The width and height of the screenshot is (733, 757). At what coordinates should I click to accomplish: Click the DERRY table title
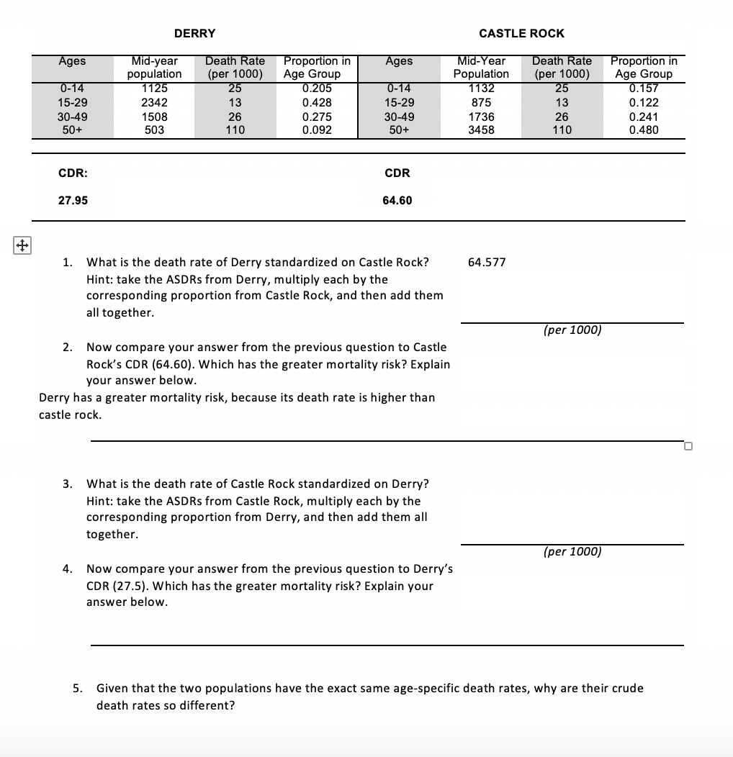click(x=194, y=33)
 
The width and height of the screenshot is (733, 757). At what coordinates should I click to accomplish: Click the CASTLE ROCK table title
click(x=521, y=33)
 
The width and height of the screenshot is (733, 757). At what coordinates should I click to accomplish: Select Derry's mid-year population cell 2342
click(x=154, y=102)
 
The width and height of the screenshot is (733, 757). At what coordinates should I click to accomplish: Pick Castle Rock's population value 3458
click(x=481, y=130)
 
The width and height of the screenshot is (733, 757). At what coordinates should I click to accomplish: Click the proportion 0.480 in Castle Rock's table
click(x=644, y=130)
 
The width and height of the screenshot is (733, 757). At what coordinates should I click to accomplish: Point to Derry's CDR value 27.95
click(x=73, y=200)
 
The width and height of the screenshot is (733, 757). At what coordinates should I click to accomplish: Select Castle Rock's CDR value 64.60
click(x=397, y=200)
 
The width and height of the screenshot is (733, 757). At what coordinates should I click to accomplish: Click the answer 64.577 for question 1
click(x=487, y=262)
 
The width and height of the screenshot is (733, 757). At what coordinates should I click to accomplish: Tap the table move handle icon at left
click(x=22, y=245)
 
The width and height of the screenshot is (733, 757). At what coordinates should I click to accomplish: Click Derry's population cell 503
click(x=154, y=130)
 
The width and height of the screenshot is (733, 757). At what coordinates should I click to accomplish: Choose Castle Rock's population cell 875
click(x=481, y=102)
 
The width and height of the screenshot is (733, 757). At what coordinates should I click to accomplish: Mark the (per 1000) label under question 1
click(x=572, y=330)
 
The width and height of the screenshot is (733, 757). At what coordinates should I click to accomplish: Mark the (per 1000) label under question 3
click(x=572, y=551)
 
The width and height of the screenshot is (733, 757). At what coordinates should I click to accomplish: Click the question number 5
click(x=78, y=688)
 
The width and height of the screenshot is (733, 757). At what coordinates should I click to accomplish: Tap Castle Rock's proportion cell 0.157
click(x=644, y=89)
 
